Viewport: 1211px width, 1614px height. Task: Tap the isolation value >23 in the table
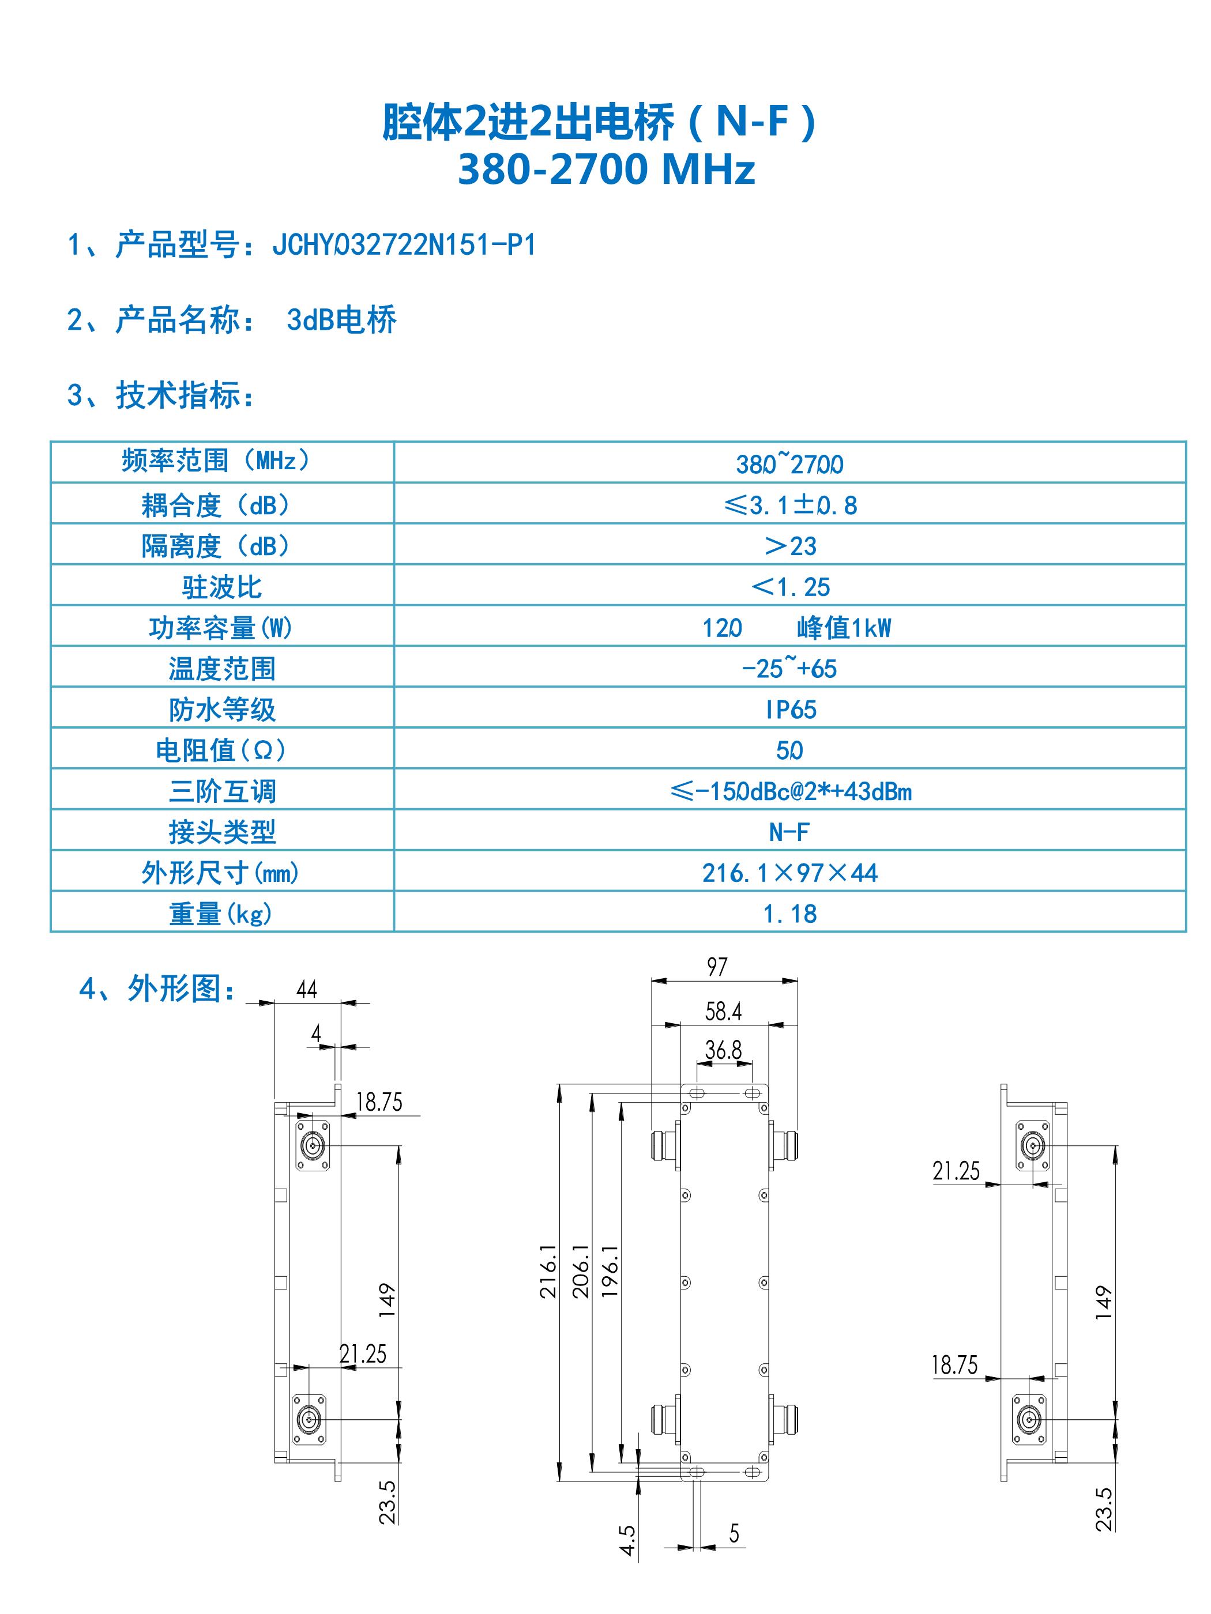click(790, 546)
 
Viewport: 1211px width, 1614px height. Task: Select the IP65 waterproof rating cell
click(791, 709)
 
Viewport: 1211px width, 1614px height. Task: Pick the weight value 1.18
click(790, 914)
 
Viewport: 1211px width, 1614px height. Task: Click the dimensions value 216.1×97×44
click(790, 873)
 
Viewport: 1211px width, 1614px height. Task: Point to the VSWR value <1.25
click(791, 587)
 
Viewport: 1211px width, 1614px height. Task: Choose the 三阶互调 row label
click(222, 791)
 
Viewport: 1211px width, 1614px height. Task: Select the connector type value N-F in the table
click(789, 832)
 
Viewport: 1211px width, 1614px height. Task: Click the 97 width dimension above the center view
click(717, 967)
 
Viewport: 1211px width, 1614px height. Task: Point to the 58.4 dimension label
click(723, 1011)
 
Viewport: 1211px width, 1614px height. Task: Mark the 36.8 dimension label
click(723, 1050)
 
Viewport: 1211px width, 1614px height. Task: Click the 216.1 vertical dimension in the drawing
click(548, 1271)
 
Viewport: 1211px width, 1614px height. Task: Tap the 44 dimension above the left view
click(307, 989)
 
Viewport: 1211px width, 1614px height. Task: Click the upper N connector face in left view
click(313, 1145)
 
